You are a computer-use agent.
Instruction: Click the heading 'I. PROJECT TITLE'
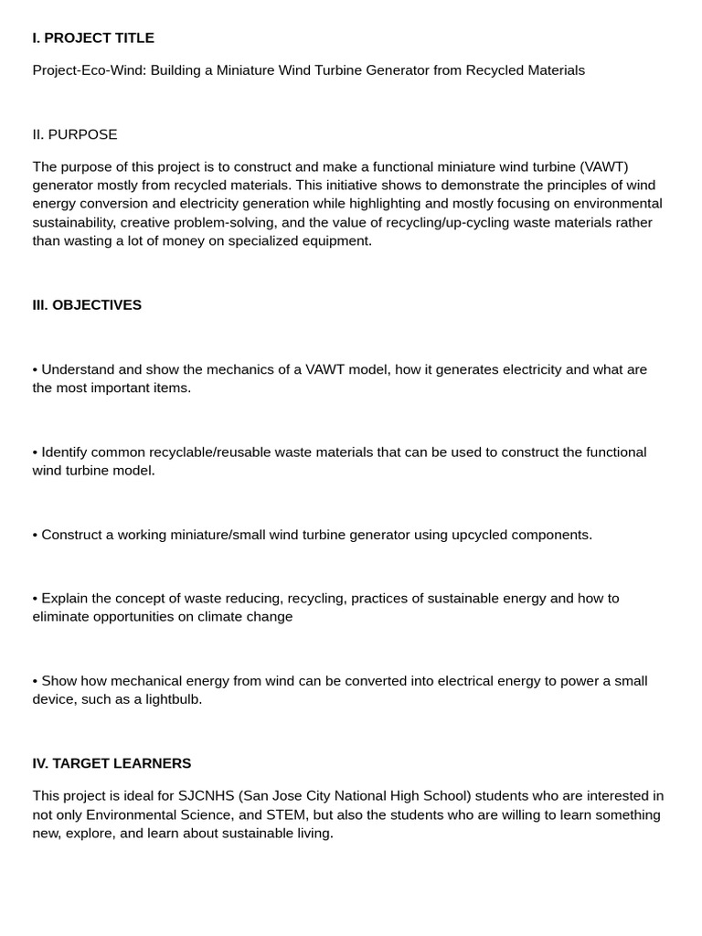click(x=93, y=37)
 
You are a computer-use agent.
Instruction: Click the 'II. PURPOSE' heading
click(x=75, y=134)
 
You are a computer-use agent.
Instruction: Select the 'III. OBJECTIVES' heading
click(x=87, y=304)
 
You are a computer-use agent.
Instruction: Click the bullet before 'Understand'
click(x=35, y=369)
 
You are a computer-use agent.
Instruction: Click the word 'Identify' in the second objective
click(x=67, y=452)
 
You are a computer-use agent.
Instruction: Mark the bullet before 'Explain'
click(x=35, y=599)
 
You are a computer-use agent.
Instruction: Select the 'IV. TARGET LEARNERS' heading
click(x=112, y=763)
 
